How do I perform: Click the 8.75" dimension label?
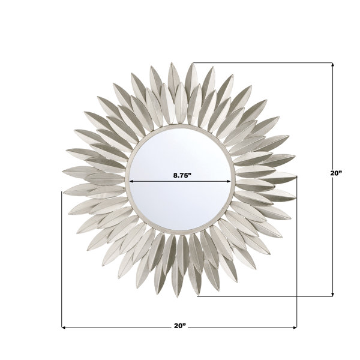click(x=182, y=176)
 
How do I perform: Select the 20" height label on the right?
click(x=337, y=173)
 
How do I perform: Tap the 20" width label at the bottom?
click(x=180, y=326)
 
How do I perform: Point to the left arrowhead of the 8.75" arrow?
click(x=131, y=181)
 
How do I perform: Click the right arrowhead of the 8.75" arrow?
click(x=229, y=181)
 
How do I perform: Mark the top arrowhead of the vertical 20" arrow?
click(x=332, y=65)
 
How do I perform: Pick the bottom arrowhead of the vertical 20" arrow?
click(x=332, y=295)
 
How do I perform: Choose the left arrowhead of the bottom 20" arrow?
click(x=64, y=328)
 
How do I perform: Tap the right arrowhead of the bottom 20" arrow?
click(x=295, y=328)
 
